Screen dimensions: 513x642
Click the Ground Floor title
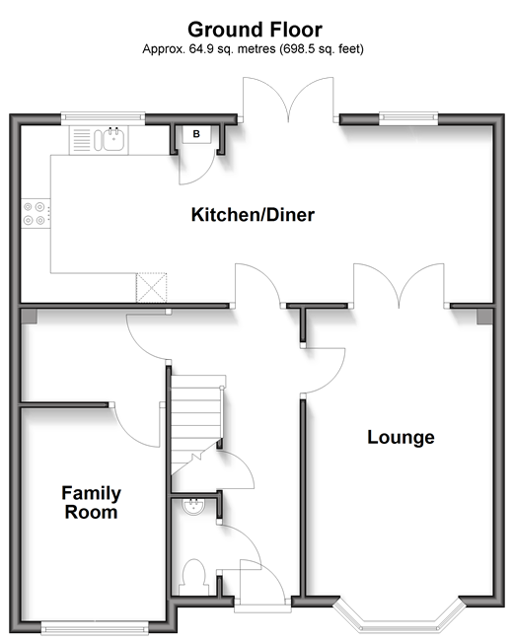(x=255, y=30)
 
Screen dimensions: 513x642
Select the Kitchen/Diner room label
(x=253, y=215)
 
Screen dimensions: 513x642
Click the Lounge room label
(x=401, y=437)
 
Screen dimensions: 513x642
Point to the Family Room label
(x=92, y=502)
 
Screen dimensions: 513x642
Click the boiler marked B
(x=196, y=134)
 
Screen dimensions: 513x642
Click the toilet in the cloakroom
(x=193, y=577)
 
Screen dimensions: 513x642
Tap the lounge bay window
(x=400, y=616)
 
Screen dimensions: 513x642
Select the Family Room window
(x=95, y=628)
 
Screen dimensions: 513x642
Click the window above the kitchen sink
(x=104, y=118)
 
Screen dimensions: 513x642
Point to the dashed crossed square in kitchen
(x=151, y=288)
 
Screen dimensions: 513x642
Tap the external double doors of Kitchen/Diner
(x=288, y=100)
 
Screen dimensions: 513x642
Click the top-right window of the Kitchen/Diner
(x=408, y=118)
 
